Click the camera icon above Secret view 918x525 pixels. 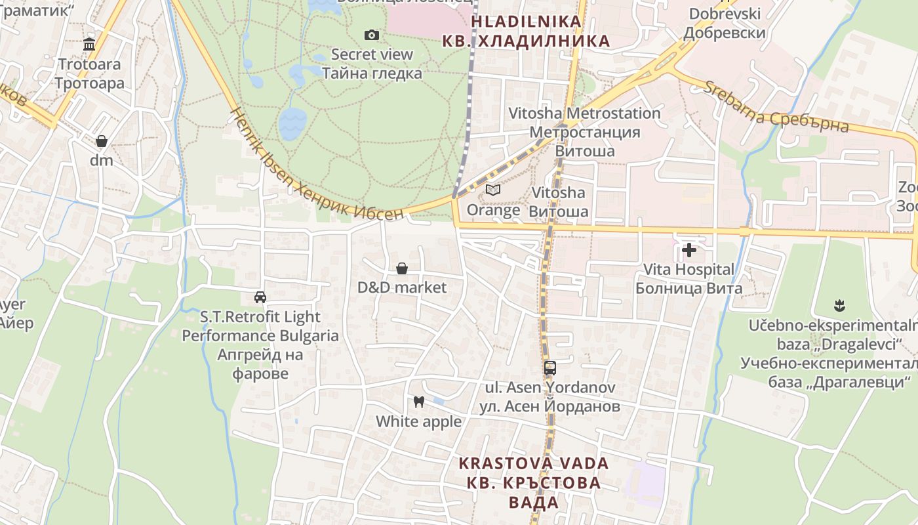click(372, 35)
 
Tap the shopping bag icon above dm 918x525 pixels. click(102, 141)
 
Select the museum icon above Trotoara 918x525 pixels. click(89, 45)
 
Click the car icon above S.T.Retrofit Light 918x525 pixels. click(260, 297)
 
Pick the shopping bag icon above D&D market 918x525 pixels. click(402, 268)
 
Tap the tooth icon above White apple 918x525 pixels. click(418, 402)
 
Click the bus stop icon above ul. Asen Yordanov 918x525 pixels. click(549, 368)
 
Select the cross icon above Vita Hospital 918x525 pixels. click(689, 249)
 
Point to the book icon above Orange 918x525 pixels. click(493, 190)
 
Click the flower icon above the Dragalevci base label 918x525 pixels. click(840, 305)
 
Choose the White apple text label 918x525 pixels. click(418, 421)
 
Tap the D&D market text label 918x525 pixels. click(402, 287)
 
